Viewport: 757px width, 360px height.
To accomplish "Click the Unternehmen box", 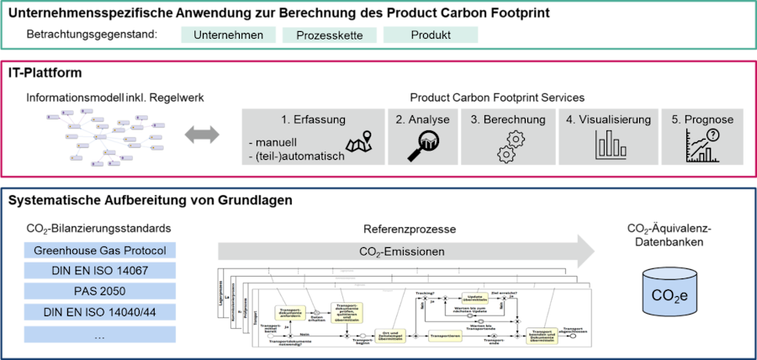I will [228, 34].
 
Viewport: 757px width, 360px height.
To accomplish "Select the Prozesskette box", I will [329, 35].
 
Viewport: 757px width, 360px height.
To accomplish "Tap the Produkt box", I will [431, 34].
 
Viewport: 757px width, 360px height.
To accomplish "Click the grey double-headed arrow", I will [202, 134].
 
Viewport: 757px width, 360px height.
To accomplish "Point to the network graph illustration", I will [103, 135].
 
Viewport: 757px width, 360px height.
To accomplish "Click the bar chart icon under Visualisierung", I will [606, 145].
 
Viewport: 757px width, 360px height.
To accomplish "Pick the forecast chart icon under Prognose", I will [701, 146].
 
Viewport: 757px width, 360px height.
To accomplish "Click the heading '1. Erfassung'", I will [314, 119].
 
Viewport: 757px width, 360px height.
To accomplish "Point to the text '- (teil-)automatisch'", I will [292, 155].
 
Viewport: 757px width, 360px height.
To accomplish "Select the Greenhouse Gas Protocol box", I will [100, 251].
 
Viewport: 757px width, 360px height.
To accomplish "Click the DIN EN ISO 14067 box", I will [100, 271].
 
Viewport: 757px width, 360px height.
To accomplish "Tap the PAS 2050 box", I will [100, 292].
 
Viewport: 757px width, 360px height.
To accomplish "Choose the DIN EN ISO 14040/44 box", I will [100, 313].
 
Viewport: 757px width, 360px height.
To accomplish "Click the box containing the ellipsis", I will [100, 334].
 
